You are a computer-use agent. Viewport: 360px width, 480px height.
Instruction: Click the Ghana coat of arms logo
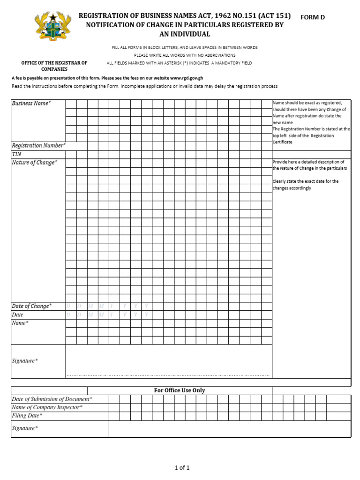coord(53,26)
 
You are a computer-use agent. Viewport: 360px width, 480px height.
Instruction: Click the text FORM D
coord(313,17)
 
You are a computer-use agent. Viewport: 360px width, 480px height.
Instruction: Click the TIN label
coord(16,154)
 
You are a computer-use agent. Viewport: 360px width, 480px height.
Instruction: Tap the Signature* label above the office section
coord(25,361)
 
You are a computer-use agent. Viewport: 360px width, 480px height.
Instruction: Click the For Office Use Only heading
coord(180,390)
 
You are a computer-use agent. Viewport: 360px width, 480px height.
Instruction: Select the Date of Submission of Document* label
coord(52,399)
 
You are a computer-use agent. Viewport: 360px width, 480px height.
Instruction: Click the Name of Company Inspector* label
coord(47,407)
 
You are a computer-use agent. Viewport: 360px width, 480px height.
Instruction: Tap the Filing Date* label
coord(27,416)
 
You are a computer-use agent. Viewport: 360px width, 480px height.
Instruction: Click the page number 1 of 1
coord(182,467)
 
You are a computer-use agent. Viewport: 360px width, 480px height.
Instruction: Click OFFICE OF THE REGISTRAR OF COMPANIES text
coord(54,66)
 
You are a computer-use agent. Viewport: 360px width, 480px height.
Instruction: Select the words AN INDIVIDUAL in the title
coord(185,34)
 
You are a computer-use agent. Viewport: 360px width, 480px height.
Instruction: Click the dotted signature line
coord(168,375)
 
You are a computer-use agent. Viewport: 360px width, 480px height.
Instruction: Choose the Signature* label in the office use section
coord(25,428)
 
